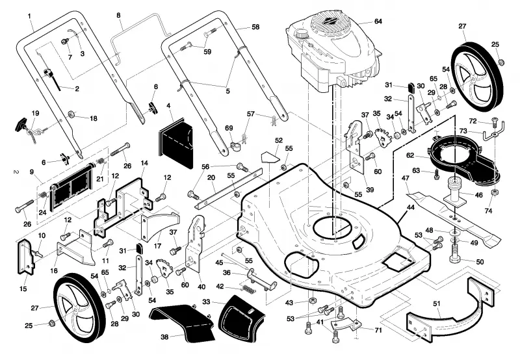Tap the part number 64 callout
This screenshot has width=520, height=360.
click(x=378, y=21)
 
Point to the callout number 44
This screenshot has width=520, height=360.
click(x=411, y=207)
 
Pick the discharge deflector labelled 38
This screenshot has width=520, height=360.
click(x=183, y=322)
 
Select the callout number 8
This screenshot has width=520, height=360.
click(x=118, y=15)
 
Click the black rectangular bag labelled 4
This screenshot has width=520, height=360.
click(x=175, y=141)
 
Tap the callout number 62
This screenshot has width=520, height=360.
click(x=410, y=155)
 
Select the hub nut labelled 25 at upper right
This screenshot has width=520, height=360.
click(x=501, y=62)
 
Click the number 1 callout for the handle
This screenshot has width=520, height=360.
click(x=29, y=16)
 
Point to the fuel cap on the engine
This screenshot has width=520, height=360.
click(x=302, y=34)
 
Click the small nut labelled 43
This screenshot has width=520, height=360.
click(x=311, y=301)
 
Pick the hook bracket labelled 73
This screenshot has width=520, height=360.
click(x=494, y=132)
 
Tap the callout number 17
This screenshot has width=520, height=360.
click(x=157, y=246)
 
